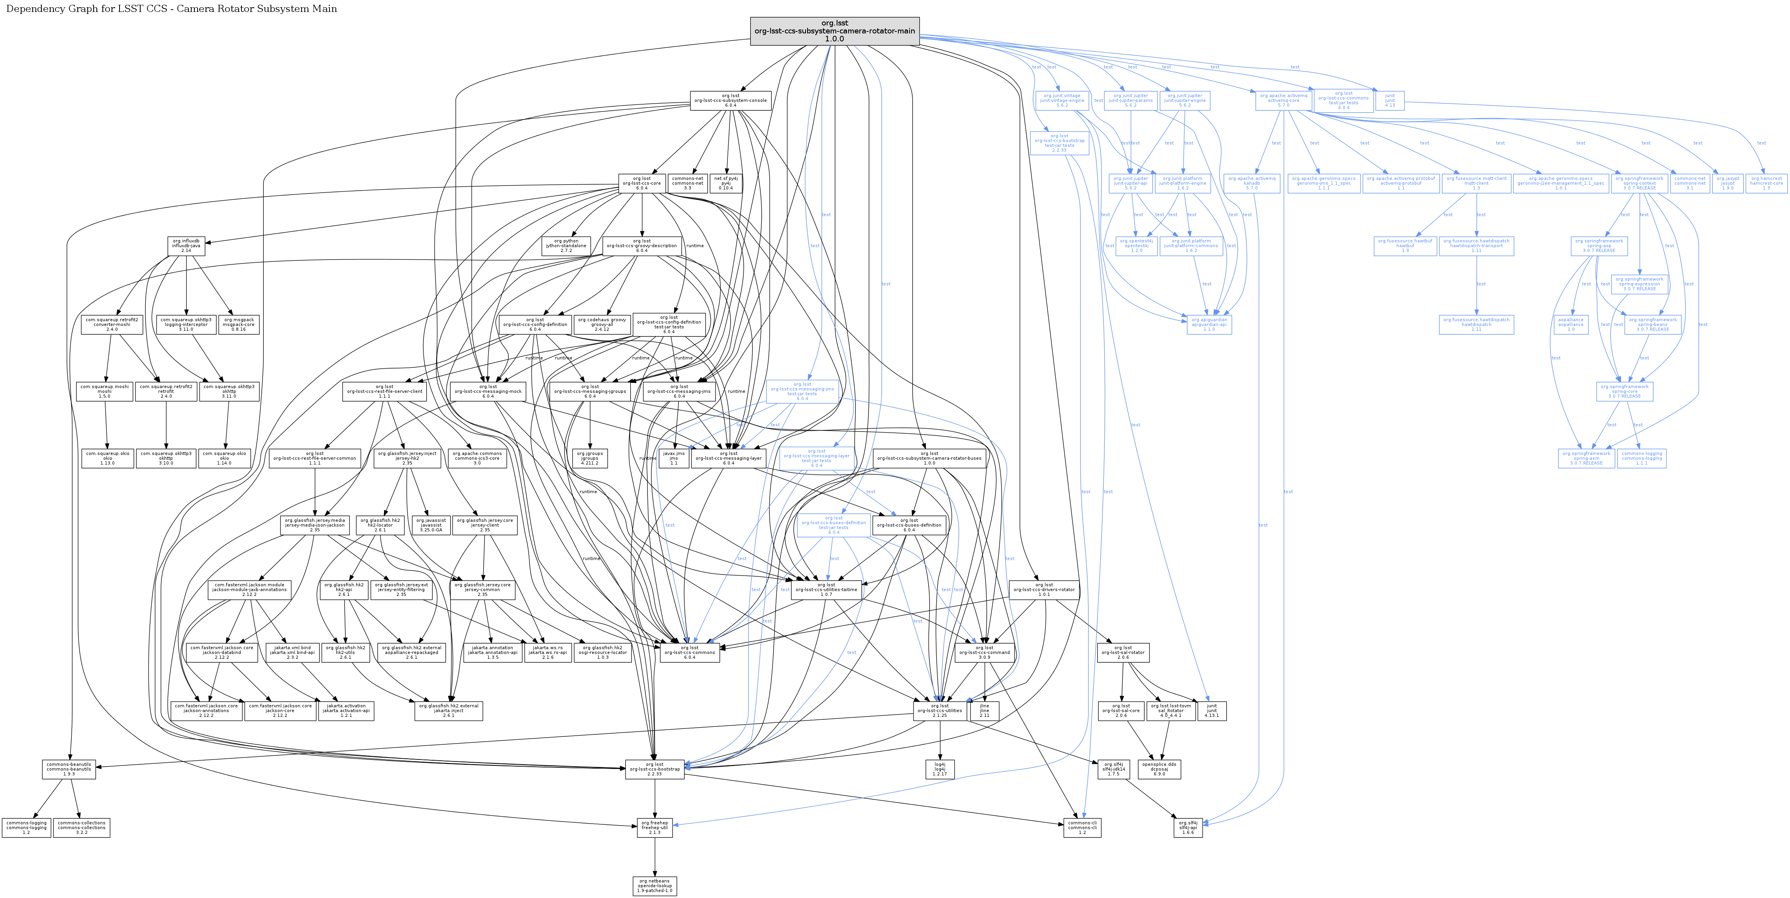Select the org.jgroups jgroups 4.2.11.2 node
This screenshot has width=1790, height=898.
coord(590,458)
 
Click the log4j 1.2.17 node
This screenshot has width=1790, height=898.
coord(939,769)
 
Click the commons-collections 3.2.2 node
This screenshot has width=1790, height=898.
coord(82,827)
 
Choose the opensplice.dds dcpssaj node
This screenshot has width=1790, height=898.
coord(1159,769)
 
